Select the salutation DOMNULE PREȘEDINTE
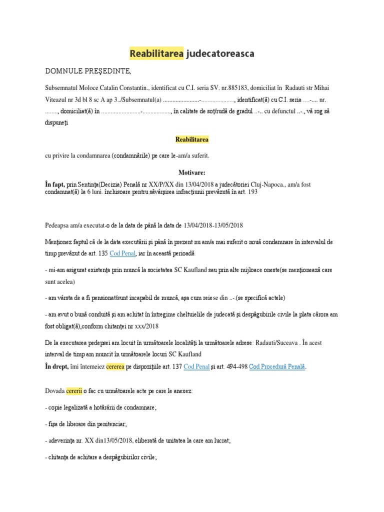pos(88,70)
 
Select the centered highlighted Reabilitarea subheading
pos(192,139)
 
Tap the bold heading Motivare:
pos(192,172)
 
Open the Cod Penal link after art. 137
pos(195,366)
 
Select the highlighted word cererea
pos(117,366)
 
